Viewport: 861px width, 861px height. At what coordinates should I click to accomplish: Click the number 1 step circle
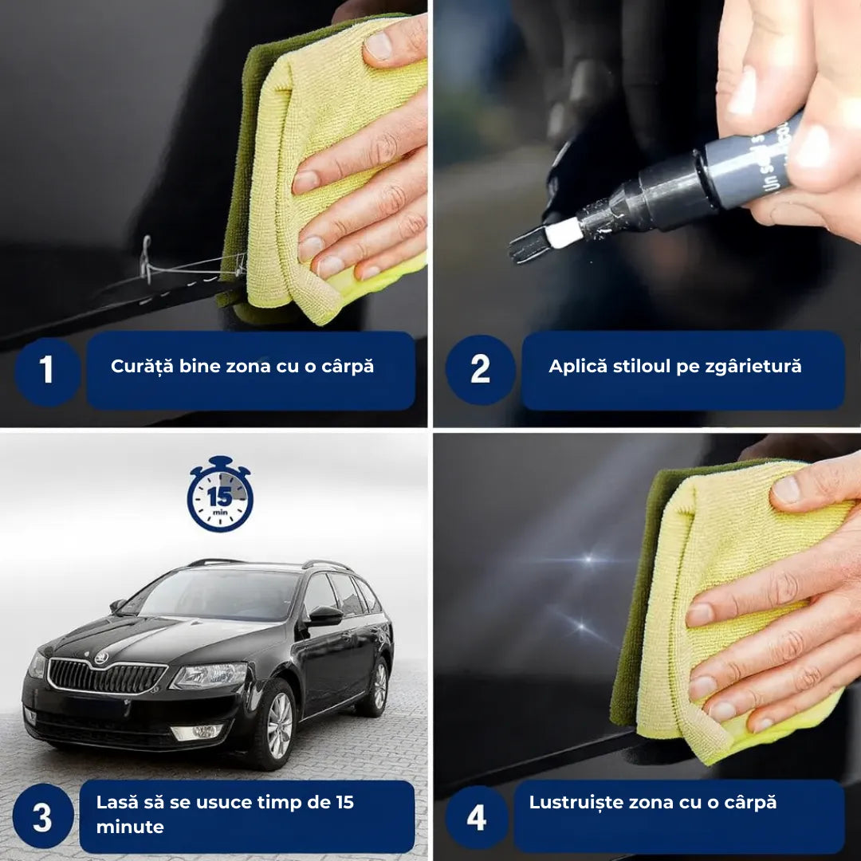click(47, 370)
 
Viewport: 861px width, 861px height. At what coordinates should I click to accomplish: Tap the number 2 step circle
click(480, 370)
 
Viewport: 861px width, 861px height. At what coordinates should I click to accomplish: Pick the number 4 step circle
click(476, 817)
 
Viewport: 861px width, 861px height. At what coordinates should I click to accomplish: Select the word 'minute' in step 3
click(130, 827)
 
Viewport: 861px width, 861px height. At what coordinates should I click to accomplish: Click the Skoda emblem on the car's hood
click(101, 658)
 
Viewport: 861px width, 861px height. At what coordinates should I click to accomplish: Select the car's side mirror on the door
click(324, 615)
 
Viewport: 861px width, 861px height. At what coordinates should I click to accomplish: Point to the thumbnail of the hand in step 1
click(379, 46)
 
